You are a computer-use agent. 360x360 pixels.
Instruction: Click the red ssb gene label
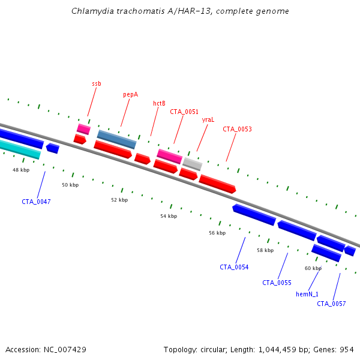(97, 83)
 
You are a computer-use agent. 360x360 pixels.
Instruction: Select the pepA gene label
(130, 95)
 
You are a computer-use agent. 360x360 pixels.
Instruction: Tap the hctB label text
(159, 103)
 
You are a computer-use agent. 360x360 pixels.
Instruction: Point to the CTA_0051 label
(184, 112)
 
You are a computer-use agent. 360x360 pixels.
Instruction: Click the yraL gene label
(208, 120)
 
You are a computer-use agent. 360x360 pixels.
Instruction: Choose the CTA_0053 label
(237, 129)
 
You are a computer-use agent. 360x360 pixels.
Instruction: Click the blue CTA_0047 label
(36, 202)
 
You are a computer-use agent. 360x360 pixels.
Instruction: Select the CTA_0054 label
(234, 267)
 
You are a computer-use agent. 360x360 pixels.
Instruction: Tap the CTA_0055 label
(277, 283)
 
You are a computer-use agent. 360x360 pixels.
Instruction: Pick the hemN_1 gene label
(307, 294)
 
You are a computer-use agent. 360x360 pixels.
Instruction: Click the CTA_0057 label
(331, 304)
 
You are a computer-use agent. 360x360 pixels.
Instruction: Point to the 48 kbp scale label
(21, 170)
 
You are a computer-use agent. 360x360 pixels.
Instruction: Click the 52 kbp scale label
(119, 200)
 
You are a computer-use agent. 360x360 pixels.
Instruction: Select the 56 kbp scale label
(217, 233)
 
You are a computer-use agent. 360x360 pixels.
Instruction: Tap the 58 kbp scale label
(265, 250)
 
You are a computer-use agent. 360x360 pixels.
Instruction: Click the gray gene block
(193, 164)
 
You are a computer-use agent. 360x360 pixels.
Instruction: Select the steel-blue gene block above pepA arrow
(116, 139)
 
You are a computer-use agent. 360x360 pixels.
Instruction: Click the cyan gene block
(20, 149)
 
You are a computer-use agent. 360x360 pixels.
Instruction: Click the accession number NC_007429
(65, 350)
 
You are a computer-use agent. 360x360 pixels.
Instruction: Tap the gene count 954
(347, 350)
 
